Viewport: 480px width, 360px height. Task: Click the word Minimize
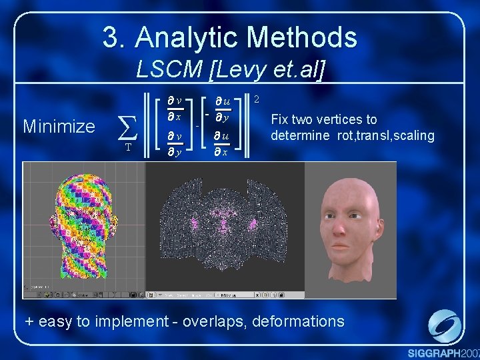tap(59, 126)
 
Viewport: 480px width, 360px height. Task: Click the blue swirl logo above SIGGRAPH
tap(443, 327)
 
